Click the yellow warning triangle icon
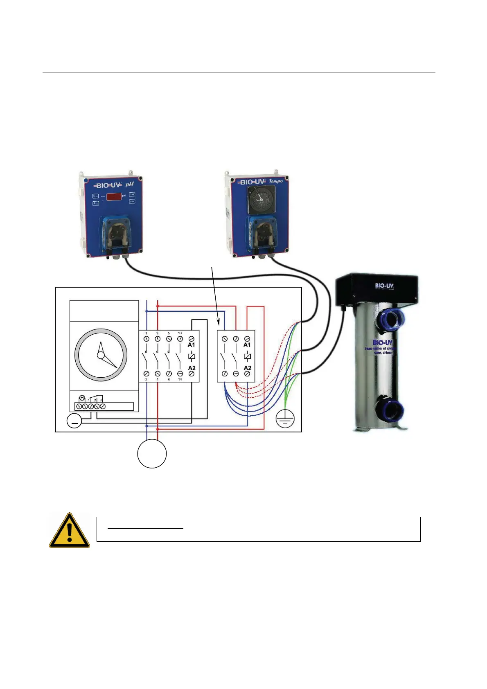click(x=70, y=531)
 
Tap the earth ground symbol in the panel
click(x=285, y=419)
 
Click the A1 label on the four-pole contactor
click(x=191, y=345)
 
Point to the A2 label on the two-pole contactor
click(x=247, y=368)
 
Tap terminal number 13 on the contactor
click(x=180, y=333)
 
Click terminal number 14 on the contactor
click(x=180, y=379)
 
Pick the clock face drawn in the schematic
click(x=101, y=355)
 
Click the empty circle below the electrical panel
click(x=152, y=454)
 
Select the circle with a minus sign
click(x=74, y=421)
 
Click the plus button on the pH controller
click(x=132, y=194)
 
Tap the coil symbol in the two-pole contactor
click(x=247, y=356)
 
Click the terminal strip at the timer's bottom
click(x=104, y=406)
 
